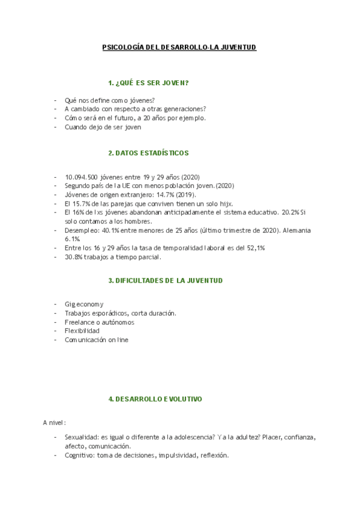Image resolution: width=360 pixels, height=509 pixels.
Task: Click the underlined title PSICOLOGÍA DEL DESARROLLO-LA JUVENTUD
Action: (x=179, y=47)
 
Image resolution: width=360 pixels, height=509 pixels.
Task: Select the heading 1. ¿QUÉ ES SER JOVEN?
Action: (x=148, y=83)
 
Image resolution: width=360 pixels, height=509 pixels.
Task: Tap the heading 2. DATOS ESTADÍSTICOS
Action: (x=148, y=153)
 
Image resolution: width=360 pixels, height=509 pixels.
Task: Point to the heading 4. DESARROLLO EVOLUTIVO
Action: (x=155, y=399)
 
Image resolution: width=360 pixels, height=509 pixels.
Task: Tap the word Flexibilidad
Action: (x=82, y=331)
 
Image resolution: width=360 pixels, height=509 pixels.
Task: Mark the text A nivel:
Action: (x=54, y=423)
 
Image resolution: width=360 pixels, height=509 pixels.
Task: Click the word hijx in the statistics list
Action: (x=225, y=204)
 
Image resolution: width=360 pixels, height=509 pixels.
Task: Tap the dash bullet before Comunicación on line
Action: (x=55, y=340)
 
